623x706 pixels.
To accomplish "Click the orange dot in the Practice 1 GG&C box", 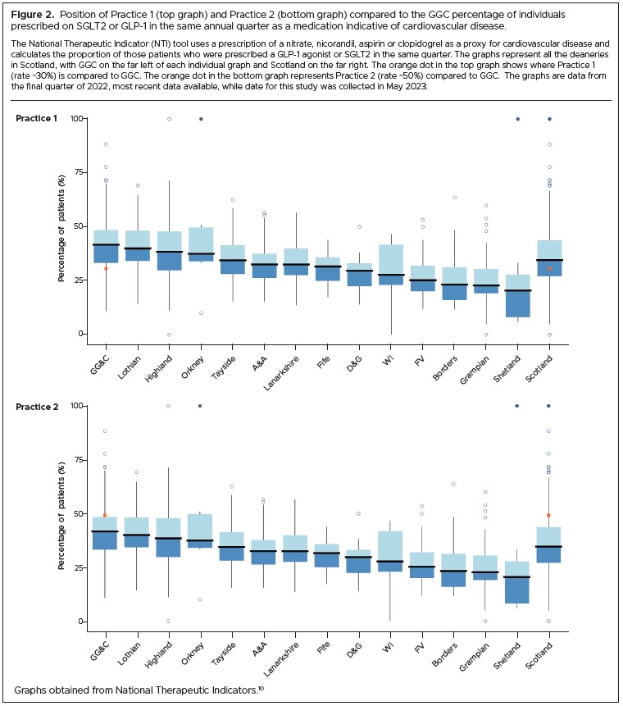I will [106, 269].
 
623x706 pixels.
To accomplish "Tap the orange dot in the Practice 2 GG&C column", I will [106, 515].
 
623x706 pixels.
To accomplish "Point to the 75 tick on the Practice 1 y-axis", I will [80, 172].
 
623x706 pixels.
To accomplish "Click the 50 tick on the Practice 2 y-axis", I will [80, 513].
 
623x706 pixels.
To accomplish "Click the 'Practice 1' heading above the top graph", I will [36, 119].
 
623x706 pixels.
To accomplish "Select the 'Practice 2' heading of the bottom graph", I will [36, 406].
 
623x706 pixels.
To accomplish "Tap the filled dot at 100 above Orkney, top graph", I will [201, 119].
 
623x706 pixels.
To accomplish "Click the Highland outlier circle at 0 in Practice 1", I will [169, 335].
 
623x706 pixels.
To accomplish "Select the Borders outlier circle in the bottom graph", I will [454, 484].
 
